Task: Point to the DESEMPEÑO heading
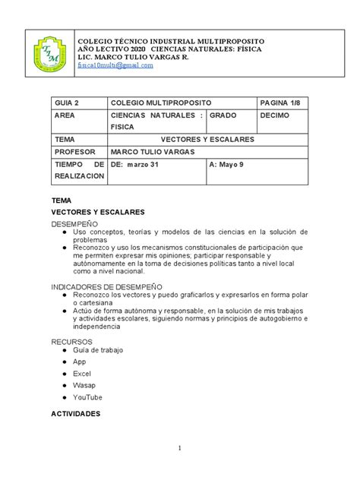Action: (75, 225)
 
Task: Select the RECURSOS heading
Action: (71, 342)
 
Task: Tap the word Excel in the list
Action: (82, 374)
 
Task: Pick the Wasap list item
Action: (84, 386)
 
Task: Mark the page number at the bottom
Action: (180, 448)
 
